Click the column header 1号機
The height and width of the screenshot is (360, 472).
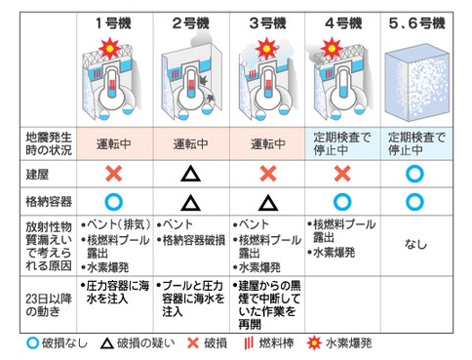click(x=113, y=23)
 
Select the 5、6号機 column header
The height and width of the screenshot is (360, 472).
click(x=417, y=23)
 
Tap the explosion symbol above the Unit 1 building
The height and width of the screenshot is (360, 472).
click(x=110, y=49)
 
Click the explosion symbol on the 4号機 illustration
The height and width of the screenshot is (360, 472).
click(x=332, y=49)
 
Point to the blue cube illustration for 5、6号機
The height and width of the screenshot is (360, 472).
click(x=417, y=83)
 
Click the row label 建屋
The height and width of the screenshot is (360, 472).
click(x=37, y=175)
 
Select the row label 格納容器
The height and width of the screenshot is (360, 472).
click(x=49, y=202)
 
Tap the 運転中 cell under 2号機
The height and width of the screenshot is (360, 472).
click(x=190, y=143)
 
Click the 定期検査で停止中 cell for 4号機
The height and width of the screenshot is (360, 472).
click(x=342, y=143)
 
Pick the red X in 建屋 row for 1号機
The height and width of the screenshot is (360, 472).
click(x=114, y=174)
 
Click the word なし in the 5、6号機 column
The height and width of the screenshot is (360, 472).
click(x=415, y=244)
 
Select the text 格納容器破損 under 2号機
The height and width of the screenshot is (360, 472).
click(x=194, y=240)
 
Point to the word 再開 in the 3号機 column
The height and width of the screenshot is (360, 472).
click(x=250, y=324)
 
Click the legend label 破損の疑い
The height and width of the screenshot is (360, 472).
click(x=145, y=343)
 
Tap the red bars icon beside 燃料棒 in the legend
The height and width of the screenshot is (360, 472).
click(x=249, y=343)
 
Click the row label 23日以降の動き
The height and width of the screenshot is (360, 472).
click(x=49, y=304)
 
